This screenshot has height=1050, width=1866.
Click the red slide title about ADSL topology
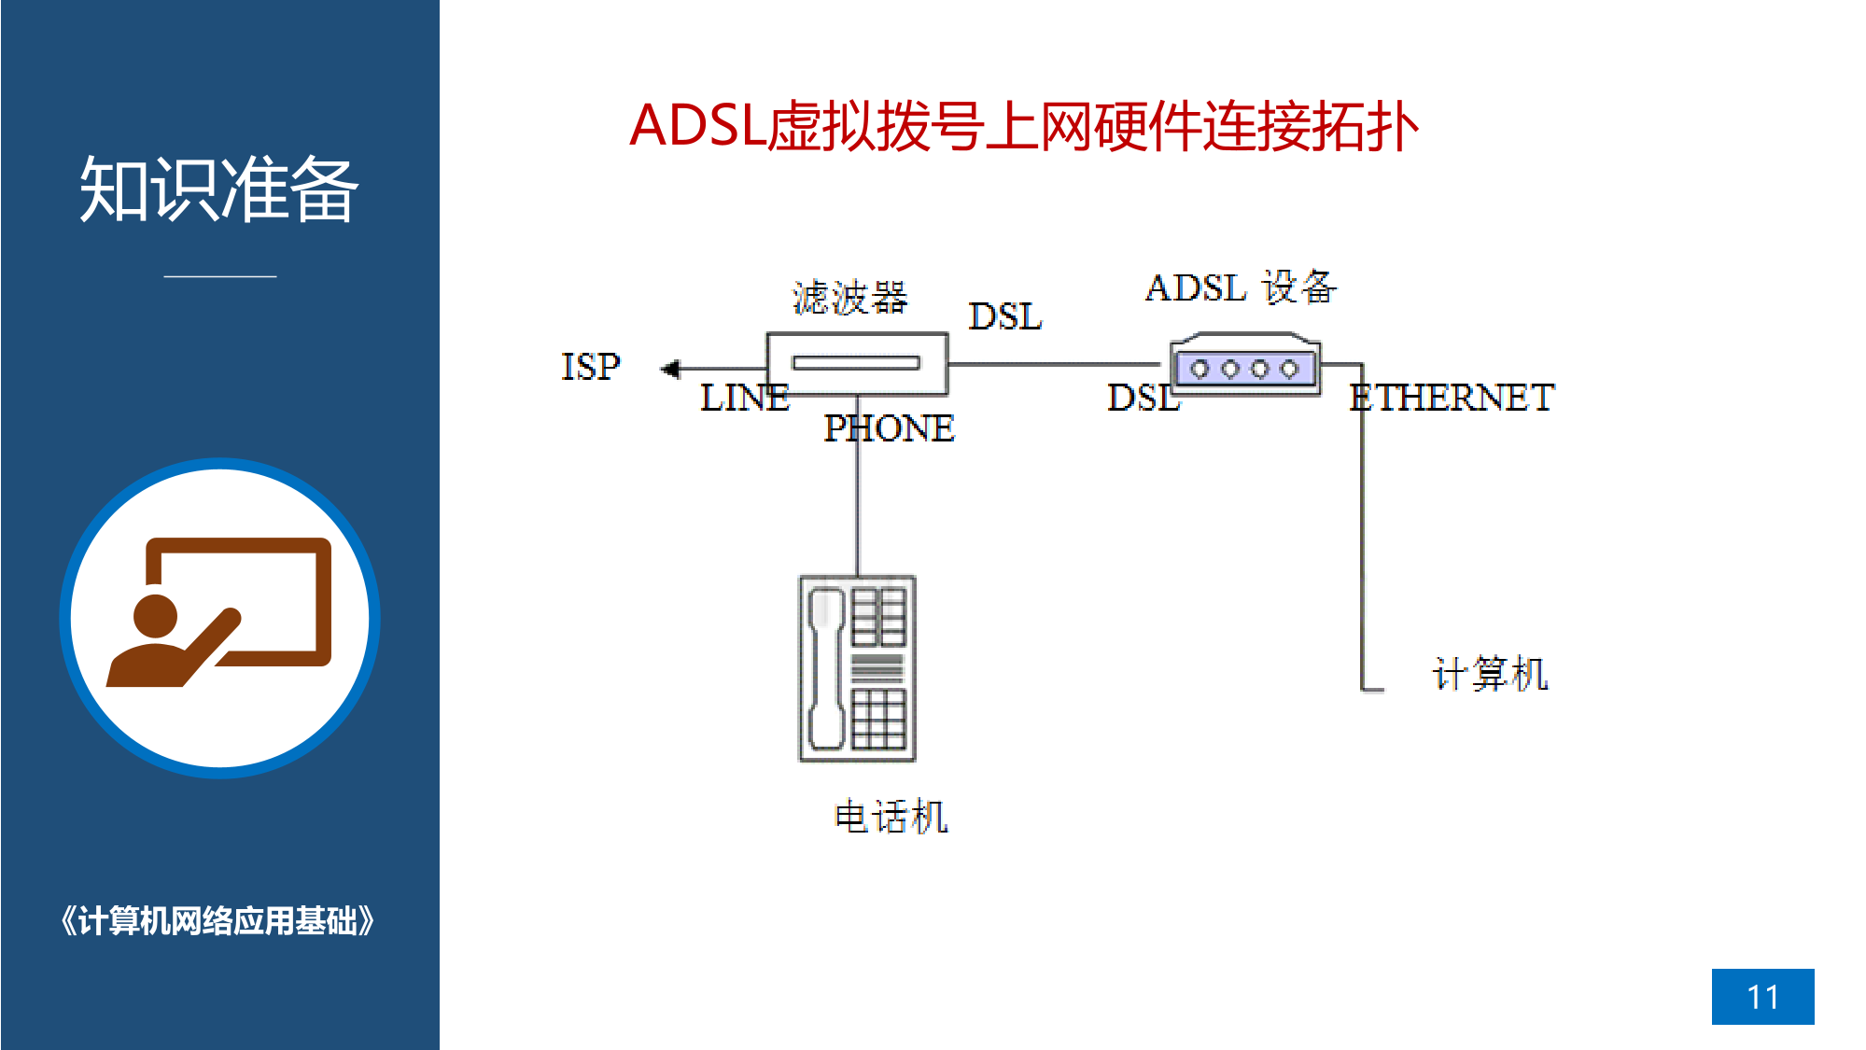coord(1024,126)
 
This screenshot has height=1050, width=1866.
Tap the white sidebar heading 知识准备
coord(219,189)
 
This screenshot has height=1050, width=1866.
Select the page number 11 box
coord(1762,997)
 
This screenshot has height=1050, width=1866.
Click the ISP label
coord(590,367)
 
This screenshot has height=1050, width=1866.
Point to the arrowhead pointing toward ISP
coord(670,370)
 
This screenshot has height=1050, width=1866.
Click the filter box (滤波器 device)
coord(857,363)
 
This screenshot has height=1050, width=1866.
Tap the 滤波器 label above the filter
coord(849,298)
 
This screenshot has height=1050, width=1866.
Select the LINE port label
coord(745,398)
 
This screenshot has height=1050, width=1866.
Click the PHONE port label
coord(889,428)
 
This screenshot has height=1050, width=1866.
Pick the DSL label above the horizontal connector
coord(1005,316)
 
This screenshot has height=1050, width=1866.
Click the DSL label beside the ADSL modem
coord(1143,398)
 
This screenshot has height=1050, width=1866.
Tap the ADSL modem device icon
coord(1245,365)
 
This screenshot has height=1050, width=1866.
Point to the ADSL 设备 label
coord(1242,287)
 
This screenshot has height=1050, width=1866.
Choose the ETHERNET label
coord(1452,398)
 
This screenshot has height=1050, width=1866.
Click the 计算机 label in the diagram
coord(1491,674)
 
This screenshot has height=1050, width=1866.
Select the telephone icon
coord(857,668)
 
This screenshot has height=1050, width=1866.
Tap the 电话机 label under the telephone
coord(891,817)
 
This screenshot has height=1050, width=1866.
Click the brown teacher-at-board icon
coord(219,611)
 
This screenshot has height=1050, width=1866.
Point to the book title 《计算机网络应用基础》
coord(217,921)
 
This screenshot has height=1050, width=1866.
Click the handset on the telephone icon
coord(826,668)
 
